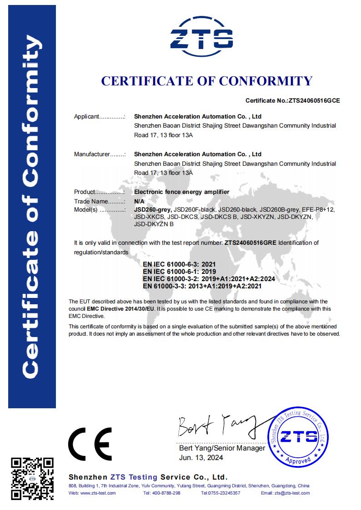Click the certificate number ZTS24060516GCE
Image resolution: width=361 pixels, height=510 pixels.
click(314, 101)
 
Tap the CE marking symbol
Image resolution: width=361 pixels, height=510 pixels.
click(90, 444)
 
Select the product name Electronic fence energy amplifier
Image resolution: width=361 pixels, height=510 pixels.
click(182, 192)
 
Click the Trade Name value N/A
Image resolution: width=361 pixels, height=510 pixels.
click(139, 201)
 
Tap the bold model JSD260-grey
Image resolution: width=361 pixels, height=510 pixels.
click(153, 209)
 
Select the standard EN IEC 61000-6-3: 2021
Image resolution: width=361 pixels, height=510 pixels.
click(179, 264)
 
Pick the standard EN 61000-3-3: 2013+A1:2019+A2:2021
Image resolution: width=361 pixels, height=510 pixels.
click(202, 287)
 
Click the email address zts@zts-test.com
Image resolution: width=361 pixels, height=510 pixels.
click(291, 493)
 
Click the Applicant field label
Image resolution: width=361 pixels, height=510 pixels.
click(86, 117)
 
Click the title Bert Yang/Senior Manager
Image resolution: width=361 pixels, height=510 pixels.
click(222, 448)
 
